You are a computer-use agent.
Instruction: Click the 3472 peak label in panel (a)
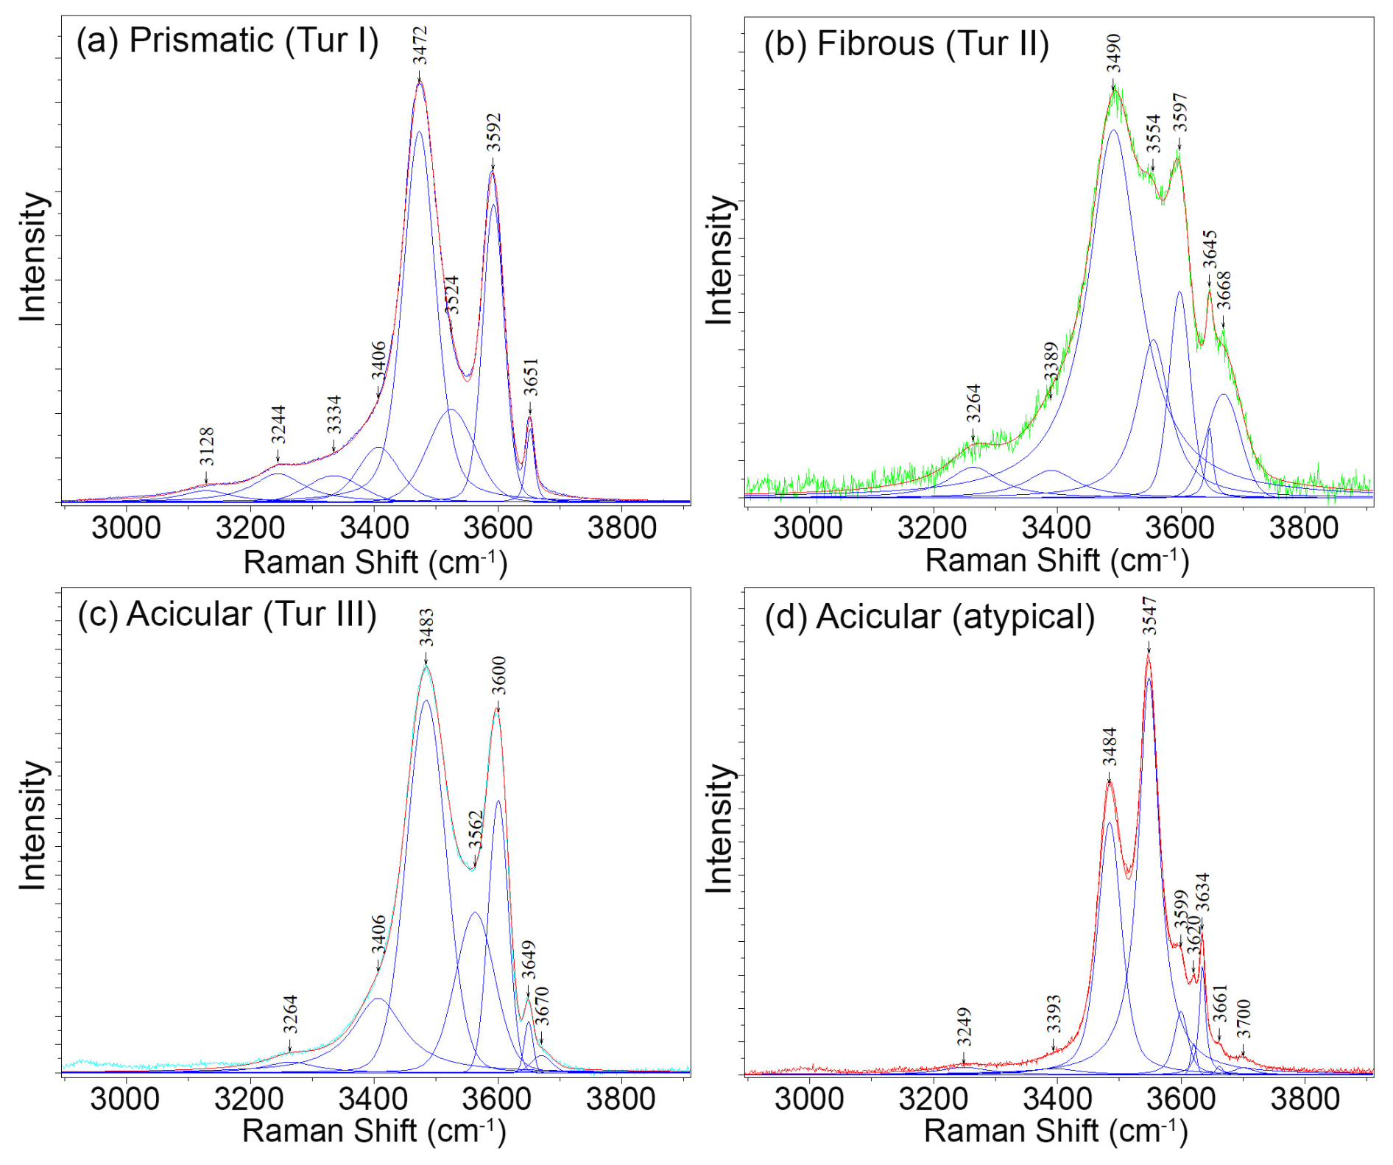click(420, 46)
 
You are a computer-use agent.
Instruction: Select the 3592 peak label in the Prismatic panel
click(493, 133)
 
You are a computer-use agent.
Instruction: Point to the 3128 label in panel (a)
click(207, 446)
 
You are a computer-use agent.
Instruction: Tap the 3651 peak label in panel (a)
click(531, 377)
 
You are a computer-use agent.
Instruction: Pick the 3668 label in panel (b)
click(1224, 291)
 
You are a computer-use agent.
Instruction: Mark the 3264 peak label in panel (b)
click(973, 403)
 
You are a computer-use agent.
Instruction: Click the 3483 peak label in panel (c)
click(426, 627)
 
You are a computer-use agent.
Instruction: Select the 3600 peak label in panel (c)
click(498, 675)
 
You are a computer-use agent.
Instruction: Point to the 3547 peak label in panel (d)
click(1149, 616)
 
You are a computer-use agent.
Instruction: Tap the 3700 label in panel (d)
click(1244, 1018)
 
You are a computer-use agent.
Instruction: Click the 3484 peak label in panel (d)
click(1110, 747)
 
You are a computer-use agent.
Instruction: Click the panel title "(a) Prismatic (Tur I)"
click(228, 41)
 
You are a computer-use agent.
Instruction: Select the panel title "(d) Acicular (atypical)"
click(929, 616)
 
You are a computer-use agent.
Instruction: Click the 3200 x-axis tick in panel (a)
click(250, 528)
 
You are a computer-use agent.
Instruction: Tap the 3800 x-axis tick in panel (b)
click(1304, 528)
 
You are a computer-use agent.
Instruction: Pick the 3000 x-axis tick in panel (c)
click(125, 1099)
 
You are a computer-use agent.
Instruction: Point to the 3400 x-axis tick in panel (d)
click(1057, 1099)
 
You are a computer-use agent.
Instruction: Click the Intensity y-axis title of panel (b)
click(721, 259)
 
